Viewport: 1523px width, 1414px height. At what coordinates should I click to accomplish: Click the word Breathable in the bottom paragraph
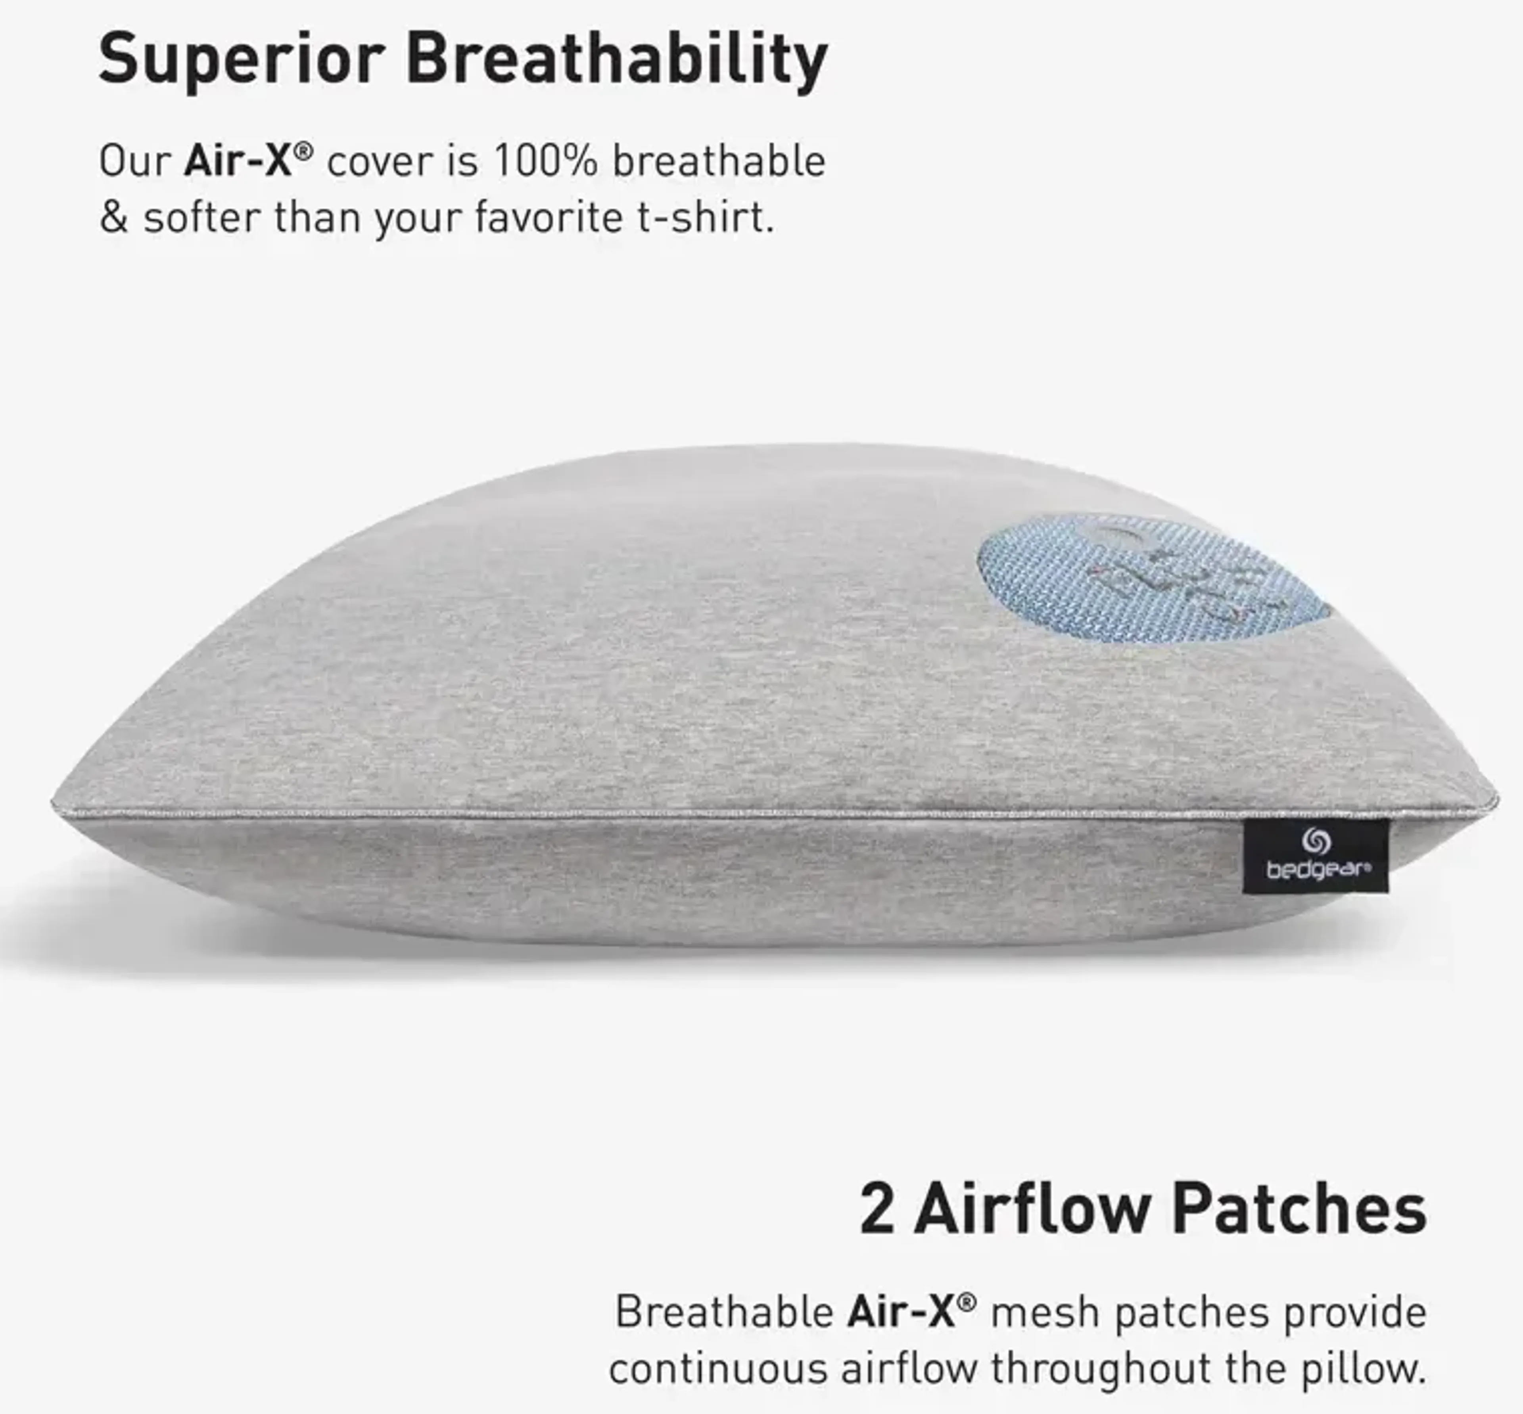[x=724, y=1312]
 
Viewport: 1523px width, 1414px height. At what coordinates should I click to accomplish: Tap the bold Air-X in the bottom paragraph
[x=902, y=1312]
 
